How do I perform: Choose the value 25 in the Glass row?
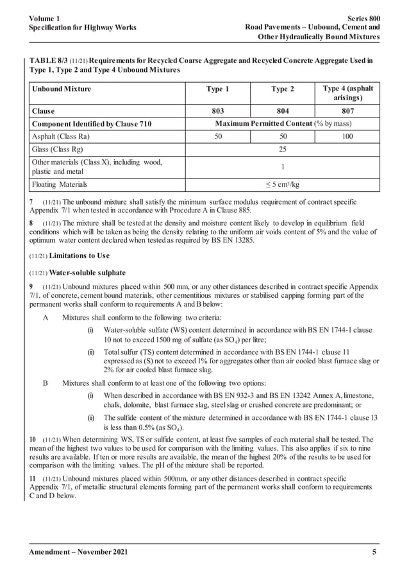(x=282, y=149)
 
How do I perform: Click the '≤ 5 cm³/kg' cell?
(x=282, y=185)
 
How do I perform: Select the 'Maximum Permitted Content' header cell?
(x=282, y=123)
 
